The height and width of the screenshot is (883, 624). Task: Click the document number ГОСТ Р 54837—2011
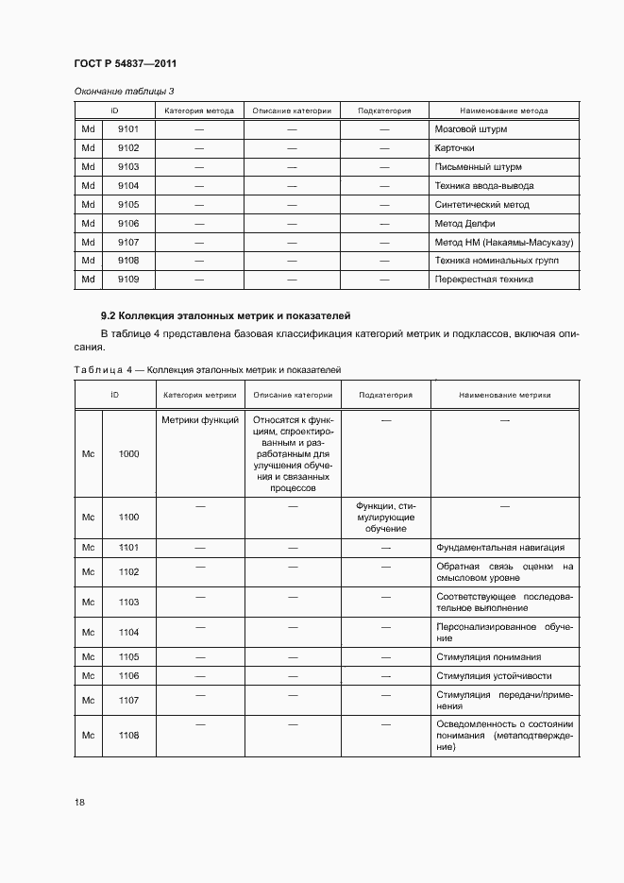(126, 63)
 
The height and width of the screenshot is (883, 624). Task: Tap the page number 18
(79, 803)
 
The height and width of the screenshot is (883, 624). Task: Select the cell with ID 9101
(128, 129)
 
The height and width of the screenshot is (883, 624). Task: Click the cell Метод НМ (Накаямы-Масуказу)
(503, 242)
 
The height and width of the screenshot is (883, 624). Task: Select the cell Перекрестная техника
(483, 280)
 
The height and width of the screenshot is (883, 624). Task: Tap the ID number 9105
(128, 205)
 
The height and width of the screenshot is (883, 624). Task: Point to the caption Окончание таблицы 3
(125, 91)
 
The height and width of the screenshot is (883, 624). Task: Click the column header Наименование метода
(503, 110)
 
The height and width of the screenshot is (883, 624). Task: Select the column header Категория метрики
(199, 396)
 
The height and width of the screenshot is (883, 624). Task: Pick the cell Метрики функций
(199, 419)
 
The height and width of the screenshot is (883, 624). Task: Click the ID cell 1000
(128, 453)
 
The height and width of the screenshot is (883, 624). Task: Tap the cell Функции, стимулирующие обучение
(384, 517)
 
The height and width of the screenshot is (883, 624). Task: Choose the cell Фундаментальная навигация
(499, 547)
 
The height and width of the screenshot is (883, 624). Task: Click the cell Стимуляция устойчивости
(494, 676)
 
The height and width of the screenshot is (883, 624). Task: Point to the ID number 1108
(128, 735)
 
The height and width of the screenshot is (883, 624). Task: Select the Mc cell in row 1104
(89, 633)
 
